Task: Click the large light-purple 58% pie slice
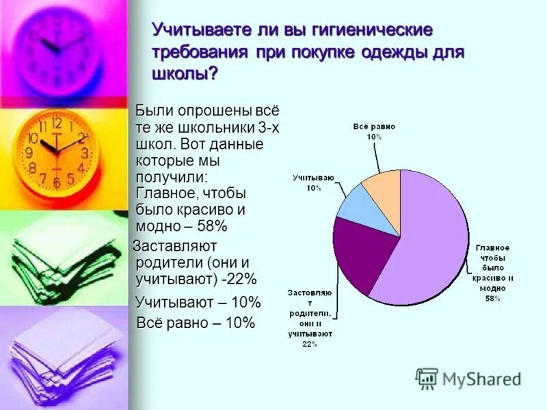431,239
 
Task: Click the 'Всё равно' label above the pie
373,127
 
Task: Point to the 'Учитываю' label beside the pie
313,178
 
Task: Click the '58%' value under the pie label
492,299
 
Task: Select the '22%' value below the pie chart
310,344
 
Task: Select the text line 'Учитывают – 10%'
198,302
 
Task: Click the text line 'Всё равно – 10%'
196,323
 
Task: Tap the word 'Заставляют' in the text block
175,245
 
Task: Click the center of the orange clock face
57,152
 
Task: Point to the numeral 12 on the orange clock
57,124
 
